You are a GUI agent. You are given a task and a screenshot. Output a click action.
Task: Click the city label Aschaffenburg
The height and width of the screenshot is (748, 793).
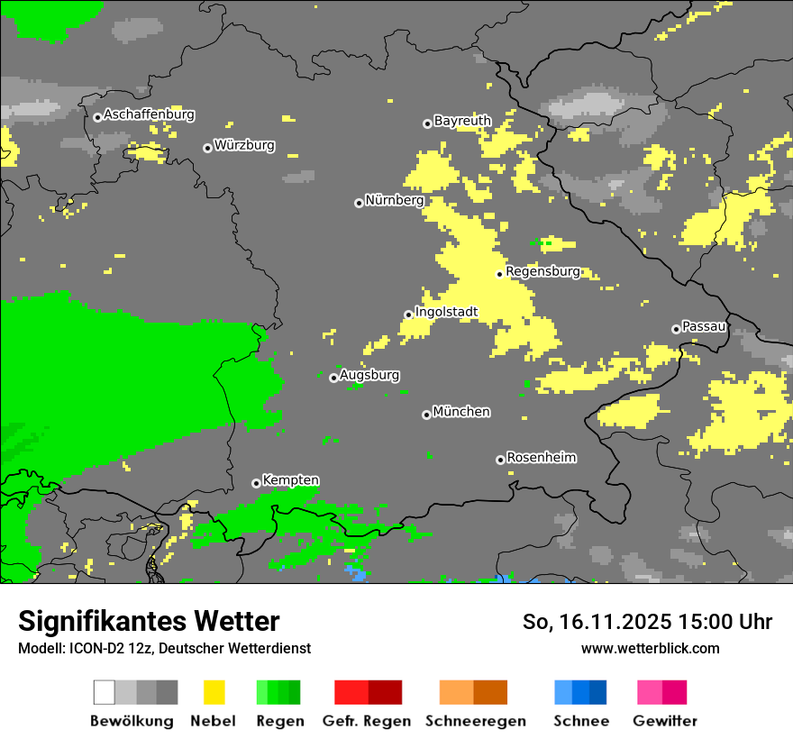pos(149,115)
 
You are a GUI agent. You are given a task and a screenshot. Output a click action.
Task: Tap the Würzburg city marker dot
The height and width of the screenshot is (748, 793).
pos(207,148)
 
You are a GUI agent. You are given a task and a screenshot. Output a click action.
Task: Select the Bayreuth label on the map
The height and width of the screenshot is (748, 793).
pos(462,121)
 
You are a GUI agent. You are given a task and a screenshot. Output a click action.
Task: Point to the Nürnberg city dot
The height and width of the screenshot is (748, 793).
pos(359,203)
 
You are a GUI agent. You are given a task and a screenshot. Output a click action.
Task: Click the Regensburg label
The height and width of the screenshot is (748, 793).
pos(542,271)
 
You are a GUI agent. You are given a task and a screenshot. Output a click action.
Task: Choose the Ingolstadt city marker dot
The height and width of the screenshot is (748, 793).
pos(408,315)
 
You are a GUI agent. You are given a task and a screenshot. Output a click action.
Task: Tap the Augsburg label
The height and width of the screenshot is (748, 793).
pos(369,375)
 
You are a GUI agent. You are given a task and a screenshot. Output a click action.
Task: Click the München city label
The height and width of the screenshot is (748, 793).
pos(461,412)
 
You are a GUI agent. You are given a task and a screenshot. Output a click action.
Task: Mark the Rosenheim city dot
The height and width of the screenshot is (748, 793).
pos(500,460)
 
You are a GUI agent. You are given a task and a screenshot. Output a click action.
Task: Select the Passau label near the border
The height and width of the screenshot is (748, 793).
pos(704,327)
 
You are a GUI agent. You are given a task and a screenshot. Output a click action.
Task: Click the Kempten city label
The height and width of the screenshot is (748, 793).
pos(290,480)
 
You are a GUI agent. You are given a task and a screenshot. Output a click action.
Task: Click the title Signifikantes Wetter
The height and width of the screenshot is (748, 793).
pos(149,621)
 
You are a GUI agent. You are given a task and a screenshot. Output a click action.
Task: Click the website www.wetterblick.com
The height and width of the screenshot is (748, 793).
pos(650,648)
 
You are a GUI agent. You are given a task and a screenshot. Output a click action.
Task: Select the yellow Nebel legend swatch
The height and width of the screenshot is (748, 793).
pos(214,692)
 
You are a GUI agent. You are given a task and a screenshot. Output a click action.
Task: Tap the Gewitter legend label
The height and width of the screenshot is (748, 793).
pos(664,721)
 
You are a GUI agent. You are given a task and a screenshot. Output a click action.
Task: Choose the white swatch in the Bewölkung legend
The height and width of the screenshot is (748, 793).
pos(104,692)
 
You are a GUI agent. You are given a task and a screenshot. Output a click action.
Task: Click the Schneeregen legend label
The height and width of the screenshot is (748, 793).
pos(475,721)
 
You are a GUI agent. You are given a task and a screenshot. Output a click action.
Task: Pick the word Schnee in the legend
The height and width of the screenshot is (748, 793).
pos(580,721)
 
